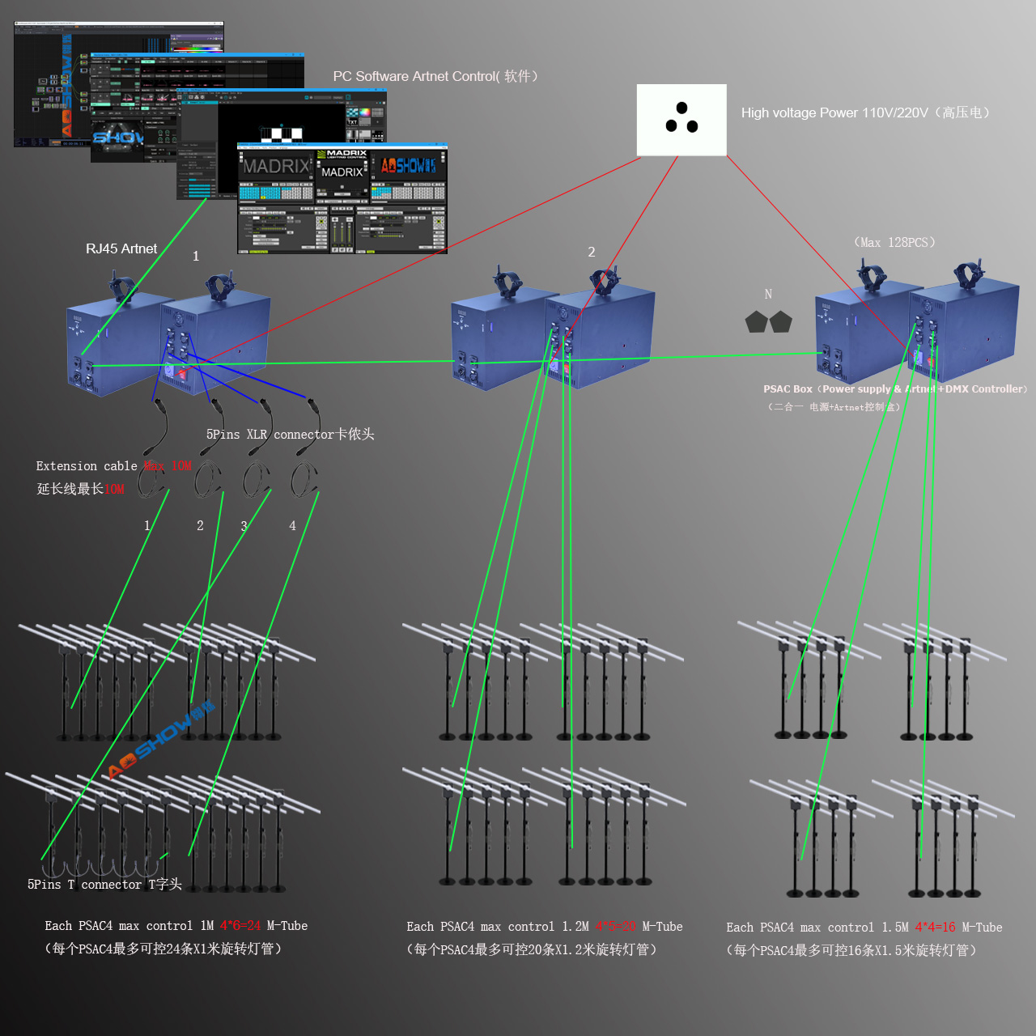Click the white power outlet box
point(681,120)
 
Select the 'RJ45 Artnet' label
point(121,249)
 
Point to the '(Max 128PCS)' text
point(894,243)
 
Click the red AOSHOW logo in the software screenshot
point(409,166)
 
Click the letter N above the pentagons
point(768,295)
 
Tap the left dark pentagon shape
point(756,322)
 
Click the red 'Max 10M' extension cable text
point(168,466)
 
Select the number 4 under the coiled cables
point(292,526)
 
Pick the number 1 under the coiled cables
point(147,526)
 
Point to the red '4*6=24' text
point(240,926)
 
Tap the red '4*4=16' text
point(935,928)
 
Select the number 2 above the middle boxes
point(592,253)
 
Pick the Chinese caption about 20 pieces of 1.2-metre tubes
point(531,949)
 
